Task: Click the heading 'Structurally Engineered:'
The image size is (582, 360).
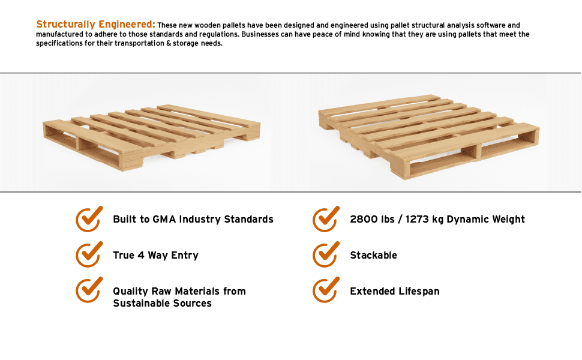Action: (95, 25)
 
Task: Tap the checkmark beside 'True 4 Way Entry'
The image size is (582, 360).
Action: (89, 255)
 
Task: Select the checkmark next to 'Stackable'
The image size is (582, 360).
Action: (326, 255)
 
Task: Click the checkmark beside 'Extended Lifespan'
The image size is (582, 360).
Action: (326, 291)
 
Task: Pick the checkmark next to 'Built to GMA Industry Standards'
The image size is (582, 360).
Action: (89, 219)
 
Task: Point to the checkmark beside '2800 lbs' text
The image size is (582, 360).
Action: (326, 219)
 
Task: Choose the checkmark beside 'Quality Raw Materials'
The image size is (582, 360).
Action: (89, 291)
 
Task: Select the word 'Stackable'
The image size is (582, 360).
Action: (373, 256)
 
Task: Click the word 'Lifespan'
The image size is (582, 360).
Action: (419, 292)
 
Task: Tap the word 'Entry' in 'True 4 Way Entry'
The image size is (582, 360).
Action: (185, 256)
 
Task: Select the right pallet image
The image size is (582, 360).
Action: (429, 135)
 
